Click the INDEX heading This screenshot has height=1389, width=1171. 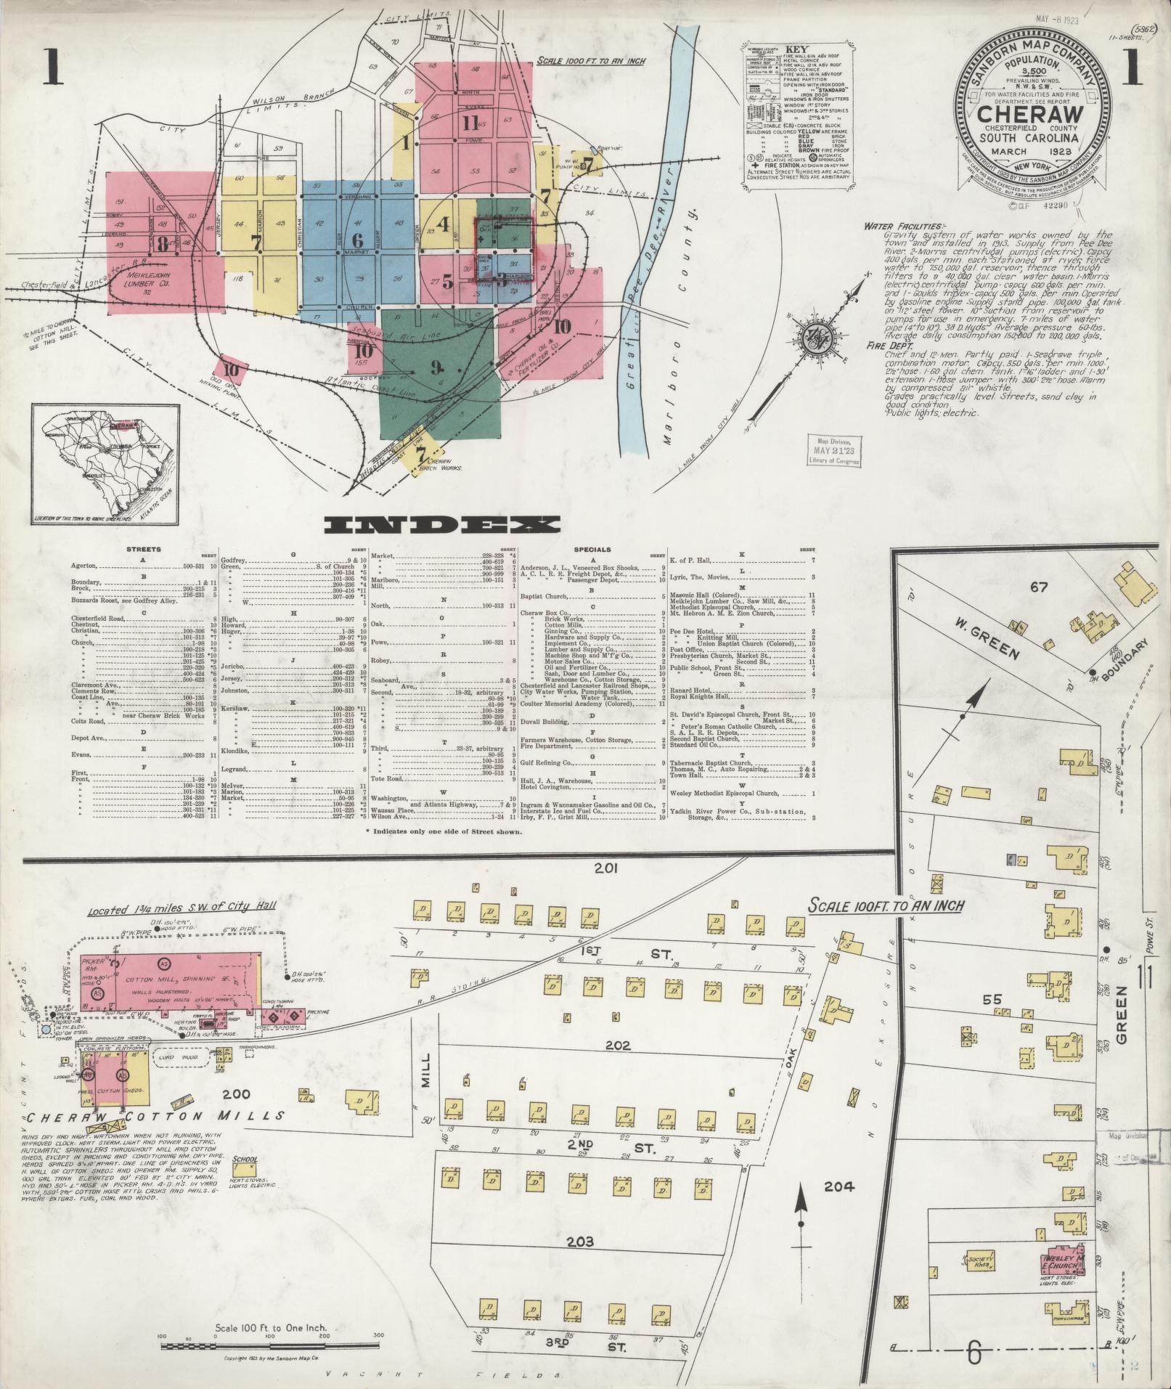tap(442, 525)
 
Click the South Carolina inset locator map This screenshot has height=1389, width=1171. tap(105, 465)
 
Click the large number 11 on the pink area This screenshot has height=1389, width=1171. tap(470, 123)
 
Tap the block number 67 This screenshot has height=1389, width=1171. tap(1039, 587)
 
